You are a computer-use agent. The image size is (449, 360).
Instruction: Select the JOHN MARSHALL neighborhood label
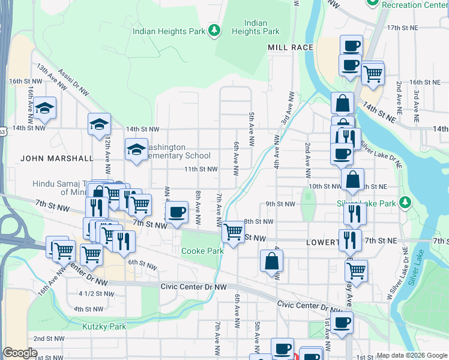coord(57,158)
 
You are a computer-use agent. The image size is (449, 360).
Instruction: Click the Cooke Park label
coord(199,251)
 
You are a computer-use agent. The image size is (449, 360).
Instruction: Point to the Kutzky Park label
coord(104,326)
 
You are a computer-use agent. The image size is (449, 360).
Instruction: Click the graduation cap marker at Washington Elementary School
coord(136,149)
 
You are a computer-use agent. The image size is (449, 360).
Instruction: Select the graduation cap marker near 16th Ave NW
coord(44,108)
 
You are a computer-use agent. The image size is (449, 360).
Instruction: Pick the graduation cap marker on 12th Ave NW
coord(100,124)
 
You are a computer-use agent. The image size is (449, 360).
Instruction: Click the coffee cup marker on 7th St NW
coord(176,212)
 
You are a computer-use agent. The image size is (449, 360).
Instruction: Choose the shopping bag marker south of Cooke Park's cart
coord(271,261)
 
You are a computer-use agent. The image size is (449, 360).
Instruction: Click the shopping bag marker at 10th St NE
coord(352,179)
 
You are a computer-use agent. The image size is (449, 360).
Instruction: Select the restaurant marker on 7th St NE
coord(350,240)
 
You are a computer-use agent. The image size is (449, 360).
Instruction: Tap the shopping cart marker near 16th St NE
coord(373,73)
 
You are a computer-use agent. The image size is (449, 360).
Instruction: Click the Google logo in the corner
coord(20,353)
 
